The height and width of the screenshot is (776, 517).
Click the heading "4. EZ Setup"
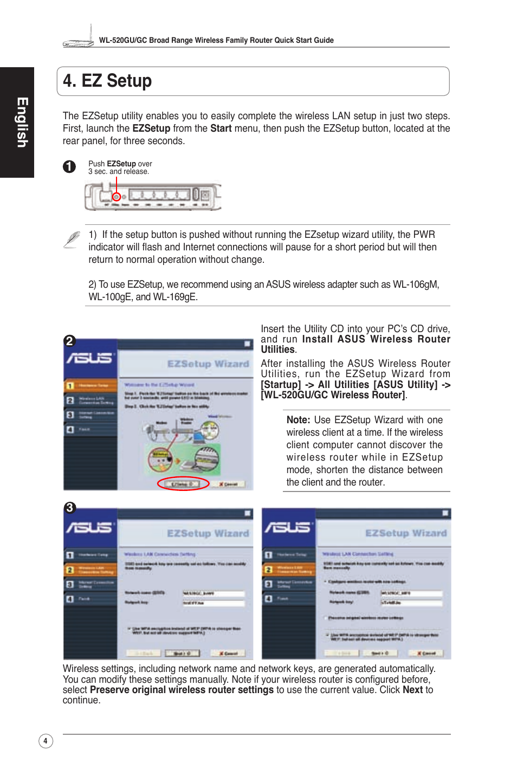pyautogui.click(x=107, y=81)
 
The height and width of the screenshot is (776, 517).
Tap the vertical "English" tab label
pyautogui.click(x=22, y=122)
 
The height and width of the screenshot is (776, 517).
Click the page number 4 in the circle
pyautogui.click(x=46, y=741)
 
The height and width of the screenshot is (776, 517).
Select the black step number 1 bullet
pyautogui.click(x=69, y=166)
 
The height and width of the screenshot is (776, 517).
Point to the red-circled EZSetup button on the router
pyautogui.click(x=116, y=197)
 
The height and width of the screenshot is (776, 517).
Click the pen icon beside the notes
pyautogui.click(x=72, y=240)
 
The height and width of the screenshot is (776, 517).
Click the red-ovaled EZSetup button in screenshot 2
pyautogui.click(x=183, y=484)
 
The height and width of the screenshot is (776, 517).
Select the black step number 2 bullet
pyautogui.click(x=69, y=341)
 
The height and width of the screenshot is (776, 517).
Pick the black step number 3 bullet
pyautogui.click(x=69, y=508)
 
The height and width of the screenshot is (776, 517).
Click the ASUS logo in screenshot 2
pyautogui.click(x=89, y=358)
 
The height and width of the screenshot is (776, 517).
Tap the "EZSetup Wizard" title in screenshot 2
pyautogui.click(x=208, y=364)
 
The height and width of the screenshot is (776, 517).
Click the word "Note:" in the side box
pyautogui.click(x=298, y=420)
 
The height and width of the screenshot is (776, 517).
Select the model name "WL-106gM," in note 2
pyautogui.click(x=416, y=284)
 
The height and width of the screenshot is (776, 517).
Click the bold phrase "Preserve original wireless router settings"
pyautogui.click(x=182, y=690)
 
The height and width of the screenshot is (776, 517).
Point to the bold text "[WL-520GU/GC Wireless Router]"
pyautogui.click(x=333, y=395)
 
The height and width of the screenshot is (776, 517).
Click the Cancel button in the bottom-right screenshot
pyautogui.click(x=426, y=653)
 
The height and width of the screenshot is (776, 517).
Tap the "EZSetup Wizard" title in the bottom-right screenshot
pyautogui.click(x=406, y=533)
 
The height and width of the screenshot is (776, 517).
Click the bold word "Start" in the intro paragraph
pyautogui.click(x=221, y=128)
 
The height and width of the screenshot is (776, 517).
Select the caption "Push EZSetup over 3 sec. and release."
pyautogui.click(x=120, y=167)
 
